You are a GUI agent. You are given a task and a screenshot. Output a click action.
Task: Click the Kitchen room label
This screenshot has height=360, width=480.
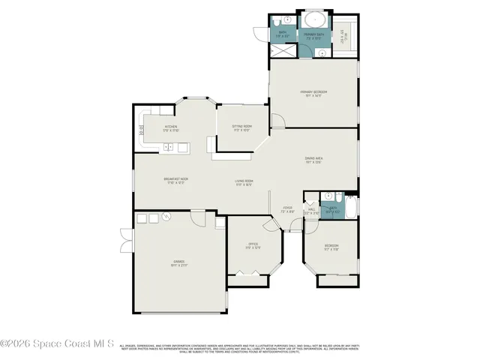pos(171,127)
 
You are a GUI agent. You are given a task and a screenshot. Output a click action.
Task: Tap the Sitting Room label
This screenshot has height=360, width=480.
pos(241,127)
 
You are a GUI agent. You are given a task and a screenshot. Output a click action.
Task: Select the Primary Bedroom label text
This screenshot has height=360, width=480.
pos(314,93)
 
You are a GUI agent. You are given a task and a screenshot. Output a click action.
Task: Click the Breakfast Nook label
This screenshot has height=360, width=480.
pos(175,179)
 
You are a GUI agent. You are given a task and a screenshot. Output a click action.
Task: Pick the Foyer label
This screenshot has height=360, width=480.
pos(287,209)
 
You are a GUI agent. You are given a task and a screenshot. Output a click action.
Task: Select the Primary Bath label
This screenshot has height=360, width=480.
pos(314,34)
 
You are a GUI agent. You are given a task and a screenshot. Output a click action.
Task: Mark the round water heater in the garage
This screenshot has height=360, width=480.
pos(167,217)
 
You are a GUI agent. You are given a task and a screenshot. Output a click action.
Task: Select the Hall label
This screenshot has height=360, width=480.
pos(311,211)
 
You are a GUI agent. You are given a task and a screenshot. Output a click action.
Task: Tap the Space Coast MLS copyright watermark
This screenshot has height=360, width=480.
pos(57,343)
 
